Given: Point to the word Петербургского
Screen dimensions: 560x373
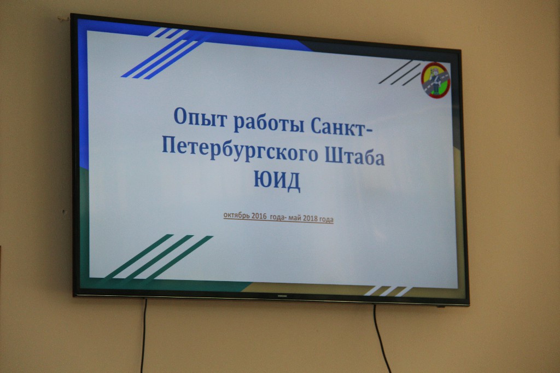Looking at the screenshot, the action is click(240, 150).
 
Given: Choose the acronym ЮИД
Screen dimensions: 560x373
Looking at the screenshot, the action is click(277, 180).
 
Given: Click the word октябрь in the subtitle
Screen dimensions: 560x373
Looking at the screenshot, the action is click(237, 215).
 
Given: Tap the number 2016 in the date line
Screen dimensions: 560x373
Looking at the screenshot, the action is click(259, 216).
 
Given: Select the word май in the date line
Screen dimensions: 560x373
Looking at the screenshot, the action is click(295, 218).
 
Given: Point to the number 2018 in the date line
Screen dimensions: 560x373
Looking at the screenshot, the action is click(310, 218).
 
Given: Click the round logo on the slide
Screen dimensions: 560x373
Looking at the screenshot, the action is click(435, 80).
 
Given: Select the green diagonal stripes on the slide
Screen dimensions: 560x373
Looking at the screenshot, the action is click(159, 257).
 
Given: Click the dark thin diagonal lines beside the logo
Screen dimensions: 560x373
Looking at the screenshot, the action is click(400, 73).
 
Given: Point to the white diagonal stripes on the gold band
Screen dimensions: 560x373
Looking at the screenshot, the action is click(388, 291).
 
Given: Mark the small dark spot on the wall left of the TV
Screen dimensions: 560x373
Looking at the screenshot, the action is click(64, 212).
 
